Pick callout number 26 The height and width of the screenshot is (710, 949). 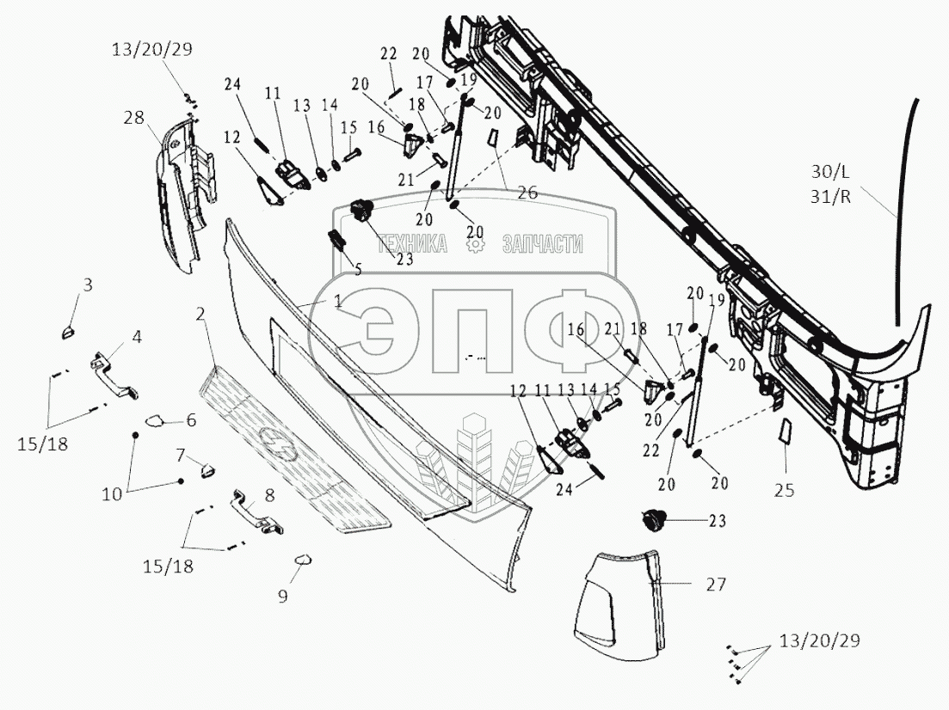click(527, 193)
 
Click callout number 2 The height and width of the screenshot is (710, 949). click(200, 315)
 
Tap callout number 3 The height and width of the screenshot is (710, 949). click(88, 285)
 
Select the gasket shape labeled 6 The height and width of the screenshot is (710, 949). click(156, 421)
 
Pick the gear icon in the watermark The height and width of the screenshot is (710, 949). click(473, 245)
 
